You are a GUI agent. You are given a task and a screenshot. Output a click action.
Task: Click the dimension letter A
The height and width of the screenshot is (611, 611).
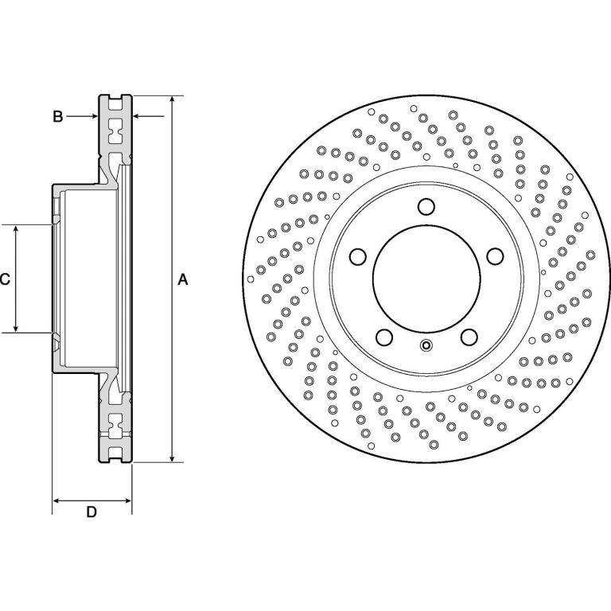(183, 279)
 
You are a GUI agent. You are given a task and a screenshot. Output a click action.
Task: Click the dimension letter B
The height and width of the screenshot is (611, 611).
(57, 116)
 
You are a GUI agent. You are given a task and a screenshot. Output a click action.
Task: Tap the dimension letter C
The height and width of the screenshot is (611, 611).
(5, 279)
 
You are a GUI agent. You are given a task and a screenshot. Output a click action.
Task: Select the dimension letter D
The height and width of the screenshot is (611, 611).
(91, 512)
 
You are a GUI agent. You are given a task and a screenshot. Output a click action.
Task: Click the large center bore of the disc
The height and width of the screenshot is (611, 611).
(426, 278)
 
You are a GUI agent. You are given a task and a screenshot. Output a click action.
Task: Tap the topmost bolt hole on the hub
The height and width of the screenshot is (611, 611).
(426, 207)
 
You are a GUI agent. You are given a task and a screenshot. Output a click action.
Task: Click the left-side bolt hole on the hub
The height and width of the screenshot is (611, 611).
(358, 256)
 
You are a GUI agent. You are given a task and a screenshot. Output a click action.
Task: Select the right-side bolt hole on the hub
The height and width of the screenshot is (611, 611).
(496, 256)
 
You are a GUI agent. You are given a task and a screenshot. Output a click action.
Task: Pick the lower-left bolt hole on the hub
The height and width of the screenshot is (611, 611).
(384, 337)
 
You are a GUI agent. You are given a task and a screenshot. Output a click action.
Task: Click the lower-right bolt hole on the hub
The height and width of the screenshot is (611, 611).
(469, 337)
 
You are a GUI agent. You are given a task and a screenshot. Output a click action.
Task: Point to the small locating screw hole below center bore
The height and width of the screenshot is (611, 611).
(426, 345)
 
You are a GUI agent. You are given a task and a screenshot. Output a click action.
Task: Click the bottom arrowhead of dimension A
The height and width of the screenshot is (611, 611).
(172, 458)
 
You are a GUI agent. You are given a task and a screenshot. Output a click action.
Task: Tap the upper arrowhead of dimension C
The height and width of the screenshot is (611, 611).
(16, 229)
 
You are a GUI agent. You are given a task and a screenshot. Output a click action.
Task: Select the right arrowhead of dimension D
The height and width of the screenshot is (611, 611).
(127, 500)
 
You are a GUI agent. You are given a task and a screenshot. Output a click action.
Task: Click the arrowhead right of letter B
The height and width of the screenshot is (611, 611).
(94, 115)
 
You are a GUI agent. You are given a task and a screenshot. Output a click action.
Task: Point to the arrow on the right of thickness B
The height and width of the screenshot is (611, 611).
(149, 115)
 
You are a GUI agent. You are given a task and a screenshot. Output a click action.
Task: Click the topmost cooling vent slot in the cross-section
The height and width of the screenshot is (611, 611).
(115, 103)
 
